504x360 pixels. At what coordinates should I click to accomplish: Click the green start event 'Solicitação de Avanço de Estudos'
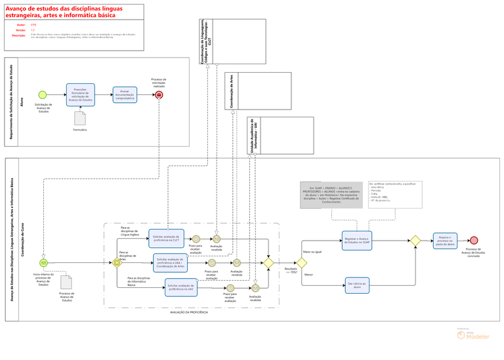click(x=43, y=94)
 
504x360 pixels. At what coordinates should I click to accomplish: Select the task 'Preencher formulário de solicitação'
click(x=80, y=94)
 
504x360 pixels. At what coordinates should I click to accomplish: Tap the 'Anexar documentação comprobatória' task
click(x=125, y=94)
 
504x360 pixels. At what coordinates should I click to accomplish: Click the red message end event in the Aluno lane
click(x=159, y=95)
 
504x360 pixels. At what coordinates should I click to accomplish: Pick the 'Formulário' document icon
click(x=79, y=118)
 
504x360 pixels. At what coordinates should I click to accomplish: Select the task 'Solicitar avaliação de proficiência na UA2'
click(x=180, y=287)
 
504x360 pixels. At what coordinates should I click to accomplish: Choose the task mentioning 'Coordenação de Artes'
click(x=171, y=263)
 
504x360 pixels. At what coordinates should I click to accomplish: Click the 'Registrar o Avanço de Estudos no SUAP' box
click(x=356, y=241)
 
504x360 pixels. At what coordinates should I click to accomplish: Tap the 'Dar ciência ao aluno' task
click(x=356, y=286)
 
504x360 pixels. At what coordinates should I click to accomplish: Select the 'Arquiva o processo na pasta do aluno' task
click(x=444, y=241)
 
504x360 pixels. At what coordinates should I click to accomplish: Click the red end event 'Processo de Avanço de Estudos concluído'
click(x=474, y=241)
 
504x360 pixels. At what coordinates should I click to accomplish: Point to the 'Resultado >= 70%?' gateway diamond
click(x=301, y=262)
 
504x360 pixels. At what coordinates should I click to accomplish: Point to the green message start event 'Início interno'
click(x=43, y=262)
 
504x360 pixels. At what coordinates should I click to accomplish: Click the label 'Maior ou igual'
click(x=311, y=251)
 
